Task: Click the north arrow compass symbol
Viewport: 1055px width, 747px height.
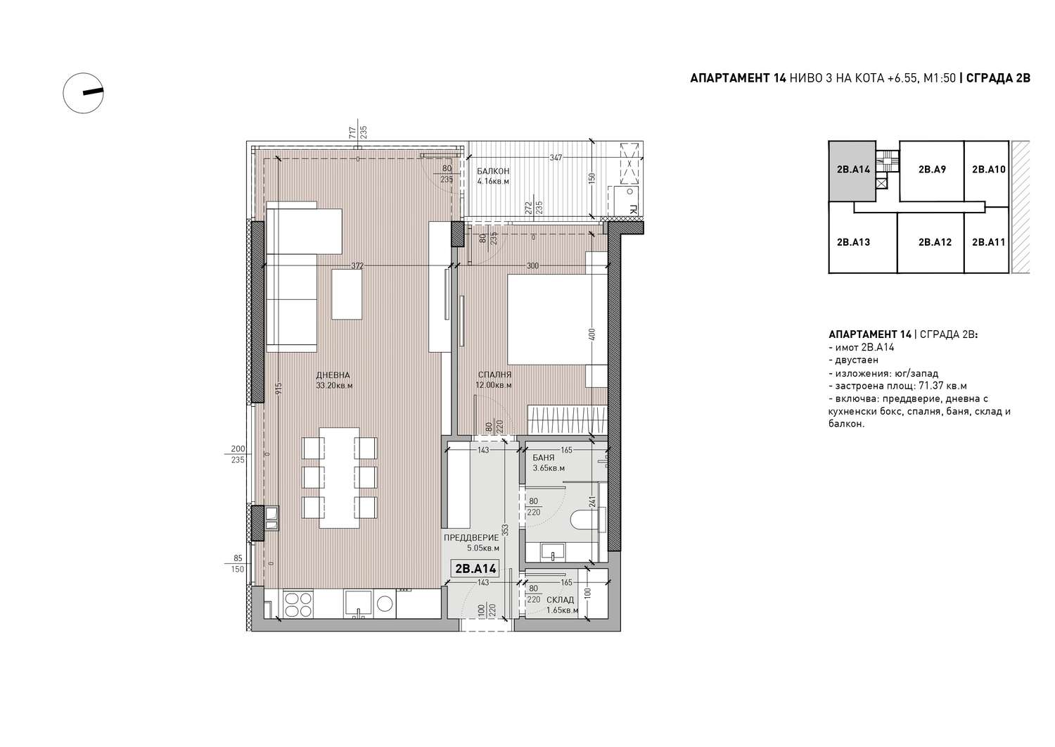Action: tap(84, 93)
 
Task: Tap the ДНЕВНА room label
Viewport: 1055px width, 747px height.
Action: tap(333, 375)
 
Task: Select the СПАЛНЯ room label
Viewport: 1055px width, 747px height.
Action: tap(494, 375)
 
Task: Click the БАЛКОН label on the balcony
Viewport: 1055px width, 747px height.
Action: tap(492, 171)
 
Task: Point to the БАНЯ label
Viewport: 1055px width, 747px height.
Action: tap(544, 458)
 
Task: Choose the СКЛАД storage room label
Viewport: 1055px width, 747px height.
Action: tap(560, 600)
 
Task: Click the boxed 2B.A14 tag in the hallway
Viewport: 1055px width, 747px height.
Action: tap(475, 569)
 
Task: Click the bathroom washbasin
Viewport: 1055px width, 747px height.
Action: tap(553, 552)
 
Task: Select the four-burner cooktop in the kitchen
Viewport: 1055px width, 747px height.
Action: tap(298, 604)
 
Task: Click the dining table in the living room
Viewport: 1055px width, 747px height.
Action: tap(339, 478)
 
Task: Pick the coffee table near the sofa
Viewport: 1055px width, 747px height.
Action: tap(347, 294)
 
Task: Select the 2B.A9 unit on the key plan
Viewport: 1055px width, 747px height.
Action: tap(932, 169)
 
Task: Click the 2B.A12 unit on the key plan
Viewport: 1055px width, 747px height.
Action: tap(935, 242)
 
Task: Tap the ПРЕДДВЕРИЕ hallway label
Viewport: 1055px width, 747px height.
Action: tap(471, 538)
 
